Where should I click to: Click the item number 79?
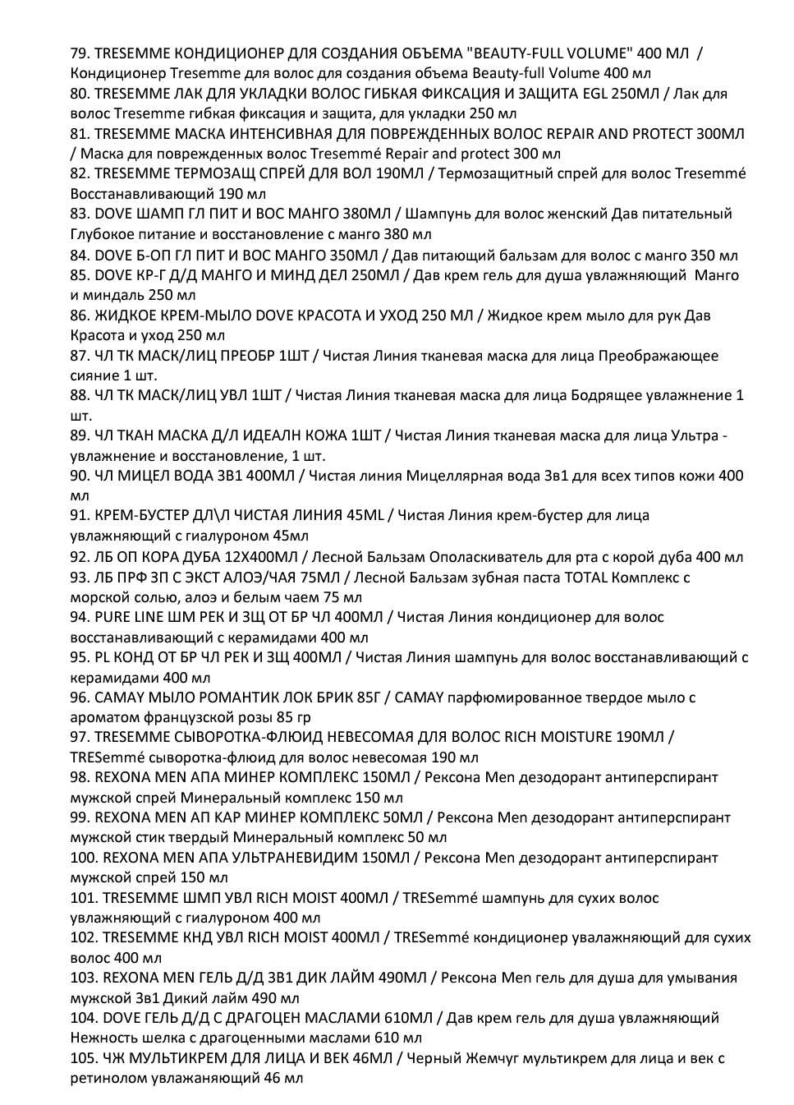click(x=80, y=53)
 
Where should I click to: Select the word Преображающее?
click(x=658, y=356)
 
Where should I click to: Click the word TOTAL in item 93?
click(x=586, y=577)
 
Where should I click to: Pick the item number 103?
click(x=84, y=978)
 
